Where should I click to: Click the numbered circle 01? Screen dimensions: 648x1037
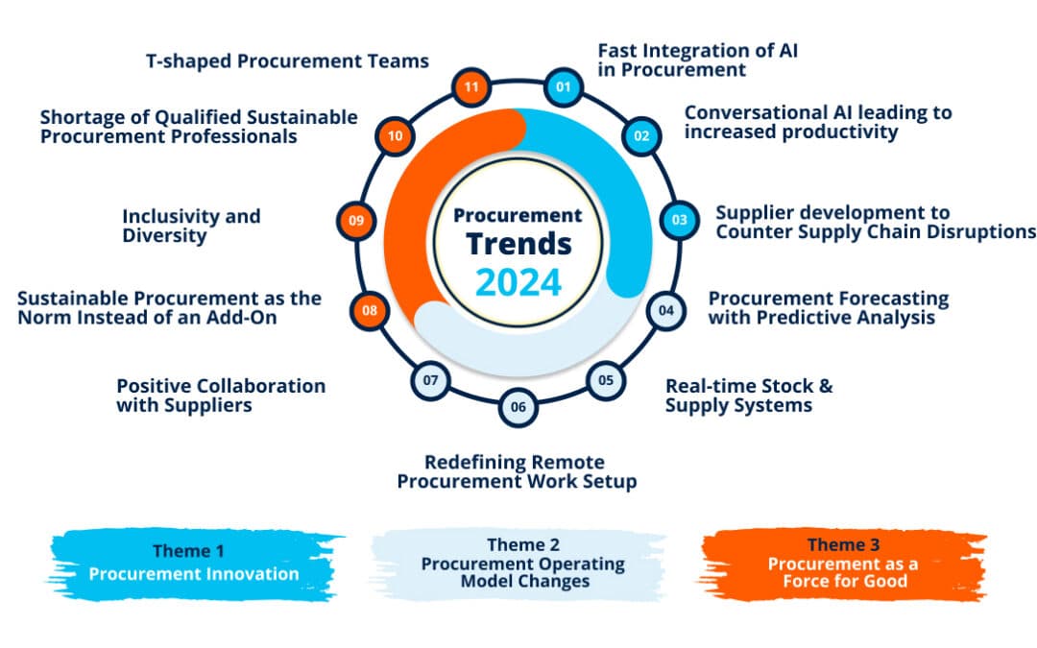pyautogui.click(x=563, y=87)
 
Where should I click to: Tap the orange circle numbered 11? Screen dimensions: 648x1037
pyautogui.click(x=472, y=87)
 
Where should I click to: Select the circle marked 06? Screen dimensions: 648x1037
pyautogui.click(x=518, y=406)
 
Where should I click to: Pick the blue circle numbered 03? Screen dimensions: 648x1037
pyautogui.click(x=679, y=220)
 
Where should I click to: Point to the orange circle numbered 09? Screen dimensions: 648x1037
pyautogui.click(x=356, y=221)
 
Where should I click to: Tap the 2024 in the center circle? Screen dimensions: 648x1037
pyautogui.click(x=518, y=282)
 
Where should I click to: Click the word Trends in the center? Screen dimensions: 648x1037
pyautogui.click(x=518, y=243)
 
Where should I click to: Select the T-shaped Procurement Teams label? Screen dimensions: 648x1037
pyautogui.click(x=287, y=61)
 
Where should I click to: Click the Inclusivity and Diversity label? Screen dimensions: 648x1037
pyautogui.click(x=191, y=226)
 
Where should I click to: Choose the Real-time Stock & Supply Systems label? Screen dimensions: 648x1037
pyautogui.click(x=749, y=396)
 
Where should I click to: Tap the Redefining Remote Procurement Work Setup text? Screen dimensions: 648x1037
pyautogui.click(x=517, y=472)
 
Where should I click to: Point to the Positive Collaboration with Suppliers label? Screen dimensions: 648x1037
pyautogui.click(x=221, y=396)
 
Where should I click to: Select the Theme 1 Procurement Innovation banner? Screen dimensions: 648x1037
pyautogui.click(x=194, y=564)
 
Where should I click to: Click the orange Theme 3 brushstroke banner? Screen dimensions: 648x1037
pyautogui.click(x=842, y=564)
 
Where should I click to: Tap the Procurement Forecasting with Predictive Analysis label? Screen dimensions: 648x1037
pyautogui.click(x=828, y=308)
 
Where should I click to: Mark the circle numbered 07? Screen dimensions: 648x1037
pyautogui.click(x=430, y=380)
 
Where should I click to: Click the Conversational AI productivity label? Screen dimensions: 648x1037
pyautogui.click(x=817, y=122)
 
